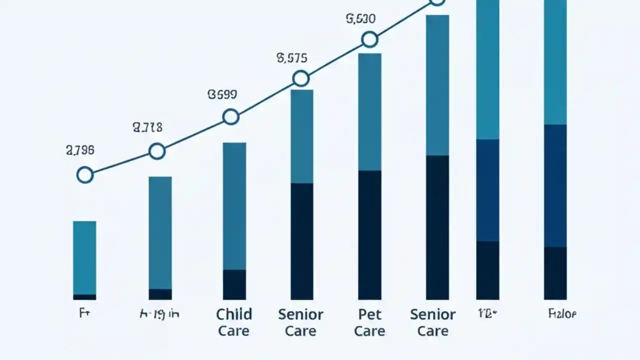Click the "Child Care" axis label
click(234, 322)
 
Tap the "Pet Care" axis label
click(370, 322)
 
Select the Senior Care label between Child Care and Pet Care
click(301, 322)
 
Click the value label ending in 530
click(360, 19)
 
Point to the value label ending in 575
click(291, 58)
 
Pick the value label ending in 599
click(222, 94)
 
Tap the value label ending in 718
click(147, 127)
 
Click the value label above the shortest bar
click(80, 149)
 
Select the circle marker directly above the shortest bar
click(85, 175)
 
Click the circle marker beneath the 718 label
click(157, 151)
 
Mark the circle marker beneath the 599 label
click(230, 116)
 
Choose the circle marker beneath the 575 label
click(300, 78)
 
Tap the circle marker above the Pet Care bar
click(369, 39)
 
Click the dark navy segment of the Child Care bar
click(234, 284)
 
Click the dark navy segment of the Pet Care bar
click(369, 235)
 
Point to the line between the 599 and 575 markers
click(265, 97)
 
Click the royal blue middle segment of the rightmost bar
click(555, 185)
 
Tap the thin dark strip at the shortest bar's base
click(84, 297)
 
